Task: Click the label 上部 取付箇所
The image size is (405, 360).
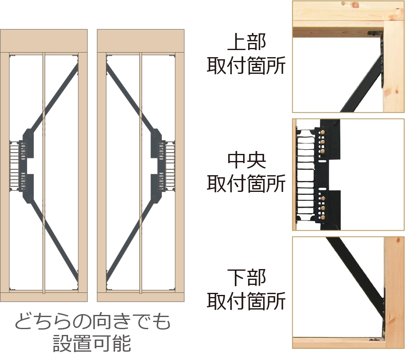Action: click(246, 55)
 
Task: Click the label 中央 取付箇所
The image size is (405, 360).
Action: click(246, 171)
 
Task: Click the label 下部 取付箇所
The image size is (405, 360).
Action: click(246, 289)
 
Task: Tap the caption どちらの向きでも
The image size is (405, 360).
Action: click(93, 322)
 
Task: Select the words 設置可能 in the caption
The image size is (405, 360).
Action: click(92, 343)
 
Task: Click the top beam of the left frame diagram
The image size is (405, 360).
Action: click(44, 40)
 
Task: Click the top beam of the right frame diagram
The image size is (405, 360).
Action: click(141, 40)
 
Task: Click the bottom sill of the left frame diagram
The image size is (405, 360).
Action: click(44, 297)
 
